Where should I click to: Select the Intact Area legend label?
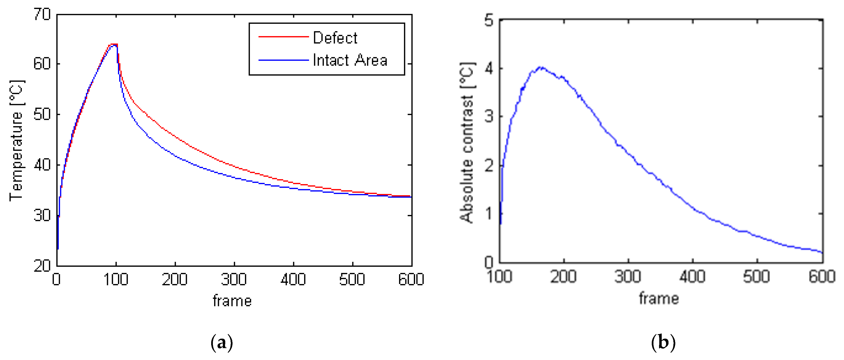(350, 60)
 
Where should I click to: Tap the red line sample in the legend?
(284, 37)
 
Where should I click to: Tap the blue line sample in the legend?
(284, 60)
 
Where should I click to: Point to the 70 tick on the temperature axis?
(42, 15)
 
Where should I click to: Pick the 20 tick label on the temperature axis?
(42, 266)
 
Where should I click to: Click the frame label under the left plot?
(232, 301)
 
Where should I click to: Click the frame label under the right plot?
(659, 298)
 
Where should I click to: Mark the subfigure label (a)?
(222, 343)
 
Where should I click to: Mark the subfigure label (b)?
(663, 343)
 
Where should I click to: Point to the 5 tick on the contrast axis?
(489, 21)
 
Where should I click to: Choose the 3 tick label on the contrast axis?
(489, 116)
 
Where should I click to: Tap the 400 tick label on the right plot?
(692, 277)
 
